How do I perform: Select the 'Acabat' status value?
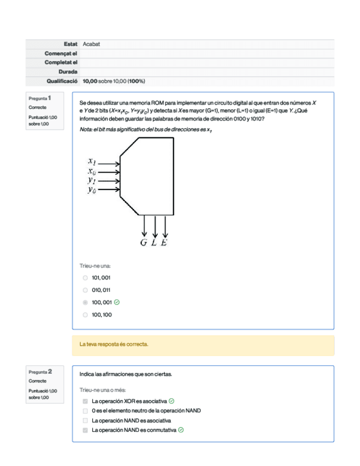pyautogui.click(x=91, y=44)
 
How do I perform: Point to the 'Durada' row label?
pyautogui.click(x=68, y=71)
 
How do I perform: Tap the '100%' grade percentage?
pyautogui.click(x=136, y=81)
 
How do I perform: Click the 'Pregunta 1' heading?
pyautogui.click(x=41, y=98)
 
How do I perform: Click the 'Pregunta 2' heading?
pyautogui.click(x=41, y=372)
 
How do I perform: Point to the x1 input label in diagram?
pyautogui.click(x=92, y=162)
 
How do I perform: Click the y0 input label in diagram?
pyautogui.click(x=92, y=190)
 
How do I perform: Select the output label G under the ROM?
pyautogui.click(x=143, y=243)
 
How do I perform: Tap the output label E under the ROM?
pyautogui.click(x=164, y=243)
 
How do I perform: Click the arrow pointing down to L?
pyautogui.click(x=155, y=226)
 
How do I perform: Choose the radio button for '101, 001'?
pyautogui.click(x=85, y=278)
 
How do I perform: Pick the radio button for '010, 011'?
pyautogui.click(x=85, y=290)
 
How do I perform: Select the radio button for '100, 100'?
pyautogui.click(x=85, y=315)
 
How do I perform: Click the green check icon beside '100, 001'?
pyautogui.click(x=117, y=302)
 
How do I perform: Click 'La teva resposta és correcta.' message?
pyautogui.click(x=114, y=345)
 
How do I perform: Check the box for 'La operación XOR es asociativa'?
pyautogui.click(x=85, y=401)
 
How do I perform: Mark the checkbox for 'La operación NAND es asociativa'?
pyautogui.click(x=85, y=420)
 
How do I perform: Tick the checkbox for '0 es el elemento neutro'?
pyautogui.click(x=85, y=411)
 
